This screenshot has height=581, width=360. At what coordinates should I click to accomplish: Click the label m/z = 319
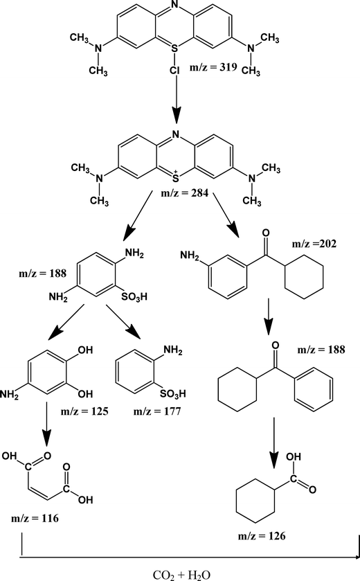(213, 67)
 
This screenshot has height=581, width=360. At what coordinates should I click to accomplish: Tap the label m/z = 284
(184, 193)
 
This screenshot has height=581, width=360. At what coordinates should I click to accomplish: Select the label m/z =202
(314, 244)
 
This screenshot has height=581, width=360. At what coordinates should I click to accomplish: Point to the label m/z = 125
(84, 411)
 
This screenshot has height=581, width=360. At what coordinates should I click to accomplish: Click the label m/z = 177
(157, 411)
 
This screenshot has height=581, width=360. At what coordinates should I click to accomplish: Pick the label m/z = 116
(35, 518)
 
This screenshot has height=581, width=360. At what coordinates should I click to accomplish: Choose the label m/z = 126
(262, 536)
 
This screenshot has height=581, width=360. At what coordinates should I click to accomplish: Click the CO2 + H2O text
(181, 575)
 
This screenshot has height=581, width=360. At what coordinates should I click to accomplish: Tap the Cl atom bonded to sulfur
(175, 71)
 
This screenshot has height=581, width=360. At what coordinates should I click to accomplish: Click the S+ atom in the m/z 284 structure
(176, 177)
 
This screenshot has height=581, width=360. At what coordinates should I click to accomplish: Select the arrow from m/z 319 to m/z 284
(177, 100)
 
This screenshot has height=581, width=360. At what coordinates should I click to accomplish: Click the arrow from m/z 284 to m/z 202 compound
(226, 215)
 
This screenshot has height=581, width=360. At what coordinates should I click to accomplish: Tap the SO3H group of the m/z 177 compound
(172, 393)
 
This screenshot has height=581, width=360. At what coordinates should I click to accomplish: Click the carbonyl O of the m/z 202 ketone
(266, 233)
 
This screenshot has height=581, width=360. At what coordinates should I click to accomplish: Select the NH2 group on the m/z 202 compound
(190, 256)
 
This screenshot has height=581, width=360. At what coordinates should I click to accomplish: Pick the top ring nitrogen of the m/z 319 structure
(175, 4)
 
